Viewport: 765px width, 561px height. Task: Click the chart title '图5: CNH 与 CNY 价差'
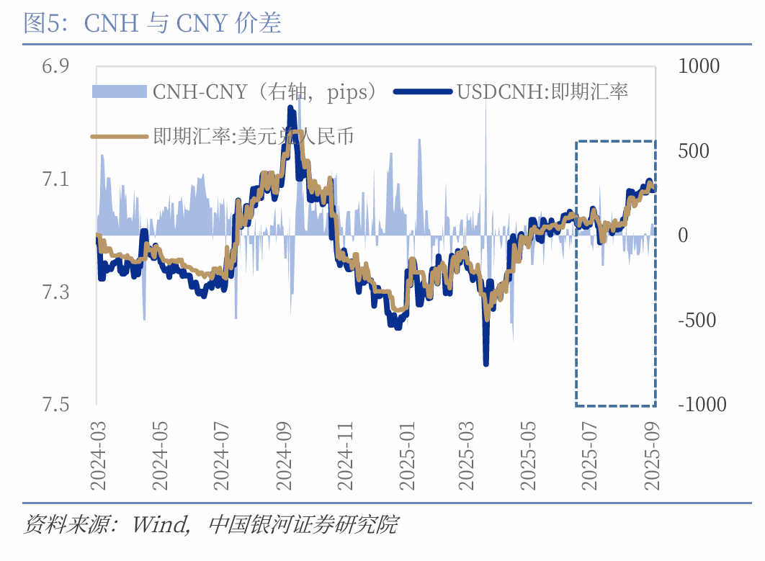152,23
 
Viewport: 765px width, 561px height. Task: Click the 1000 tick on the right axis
699,66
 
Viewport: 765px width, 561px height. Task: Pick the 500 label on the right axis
694,151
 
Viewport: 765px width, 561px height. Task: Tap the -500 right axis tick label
697,320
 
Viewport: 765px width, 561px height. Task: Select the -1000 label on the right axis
702,405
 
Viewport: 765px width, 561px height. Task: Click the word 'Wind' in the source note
158,524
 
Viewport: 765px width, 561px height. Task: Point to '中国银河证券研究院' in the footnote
303,524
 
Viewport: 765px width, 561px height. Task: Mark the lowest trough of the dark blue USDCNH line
486,363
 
